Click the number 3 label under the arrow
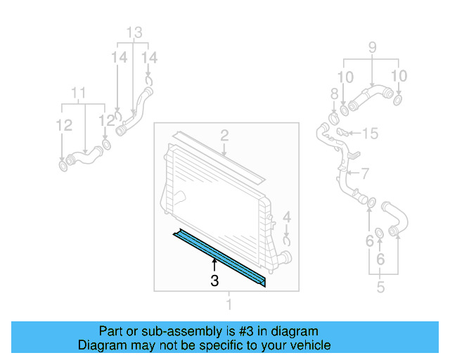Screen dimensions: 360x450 (215, 281)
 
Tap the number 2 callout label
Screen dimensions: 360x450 (224, 135)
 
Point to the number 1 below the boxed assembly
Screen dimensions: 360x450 (228, 304)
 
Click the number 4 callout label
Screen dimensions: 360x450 (286, 217)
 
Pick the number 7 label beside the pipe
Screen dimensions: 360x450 (365, 173)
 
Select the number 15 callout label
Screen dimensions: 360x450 (370, 132)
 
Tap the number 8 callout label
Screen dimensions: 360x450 (335, 94)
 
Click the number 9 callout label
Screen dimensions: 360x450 (372, 49)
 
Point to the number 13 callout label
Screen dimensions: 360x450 (134, 32)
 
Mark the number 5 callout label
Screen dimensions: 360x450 (380, 287)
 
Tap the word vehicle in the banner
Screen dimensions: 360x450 (311, 345)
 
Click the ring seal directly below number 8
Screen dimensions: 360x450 (333, 116)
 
